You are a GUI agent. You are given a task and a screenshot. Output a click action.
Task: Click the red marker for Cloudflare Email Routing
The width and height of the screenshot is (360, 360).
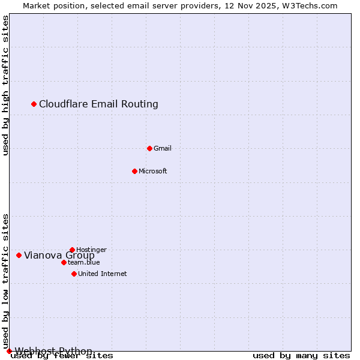pos(34,104)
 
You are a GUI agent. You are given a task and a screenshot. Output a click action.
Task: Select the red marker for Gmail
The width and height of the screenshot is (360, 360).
pos(149,148)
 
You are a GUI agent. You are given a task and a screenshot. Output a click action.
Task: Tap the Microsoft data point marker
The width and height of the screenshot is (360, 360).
pos(134,171)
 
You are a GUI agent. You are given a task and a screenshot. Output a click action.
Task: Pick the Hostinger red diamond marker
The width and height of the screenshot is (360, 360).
pos(72,250)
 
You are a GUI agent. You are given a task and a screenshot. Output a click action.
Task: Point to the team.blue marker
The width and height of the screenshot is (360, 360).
pos(64,262)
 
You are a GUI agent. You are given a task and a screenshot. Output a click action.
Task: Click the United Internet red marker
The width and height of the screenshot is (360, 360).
pos(74,274)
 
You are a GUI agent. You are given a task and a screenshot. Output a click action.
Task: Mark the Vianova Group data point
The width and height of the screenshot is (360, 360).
pos(19,255)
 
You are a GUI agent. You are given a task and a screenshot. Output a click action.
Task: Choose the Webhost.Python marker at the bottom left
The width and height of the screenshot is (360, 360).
pos(9,351)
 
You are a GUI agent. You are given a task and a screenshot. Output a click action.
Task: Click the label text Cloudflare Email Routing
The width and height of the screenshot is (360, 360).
pos(98,104)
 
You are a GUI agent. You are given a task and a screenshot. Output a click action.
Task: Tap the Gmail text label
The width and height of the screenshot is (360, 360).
pos(163,148)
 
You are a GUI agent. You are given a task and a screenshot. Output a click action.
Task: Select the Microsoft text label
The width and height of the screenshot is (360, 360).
pos(153,171)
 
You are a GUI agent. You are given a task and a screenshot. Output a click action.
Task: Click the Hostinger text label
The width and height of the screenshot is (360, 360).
pos(91,250)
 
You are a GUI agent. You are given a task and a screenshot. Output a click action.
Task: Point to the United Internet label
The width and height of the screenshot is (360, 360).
pos(103,274)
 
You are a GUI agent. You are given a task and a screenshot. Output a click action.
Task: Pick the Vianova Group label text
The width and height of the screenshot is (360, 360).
pos(59,255)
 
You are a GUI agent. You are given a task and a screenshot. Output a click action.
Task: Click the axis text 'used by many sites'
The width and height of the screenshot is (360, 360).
pos(301,356)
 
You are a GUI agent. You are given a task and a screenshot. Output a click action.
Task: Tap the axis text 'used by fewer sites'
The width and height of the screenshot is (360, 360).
pos(62,356)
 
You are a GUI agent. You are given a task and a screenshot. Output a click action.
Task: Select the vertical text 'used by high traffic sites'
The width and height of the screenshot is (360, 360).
pos(6,86)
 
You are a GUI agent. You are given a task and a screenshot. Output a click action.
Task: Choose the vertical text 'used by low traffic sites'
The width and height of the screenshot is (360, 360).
pos(6,281)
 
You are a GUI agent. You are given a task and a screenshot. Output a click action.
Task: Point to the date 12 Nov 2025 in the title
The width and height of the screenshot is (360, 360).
pos(255,5)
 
